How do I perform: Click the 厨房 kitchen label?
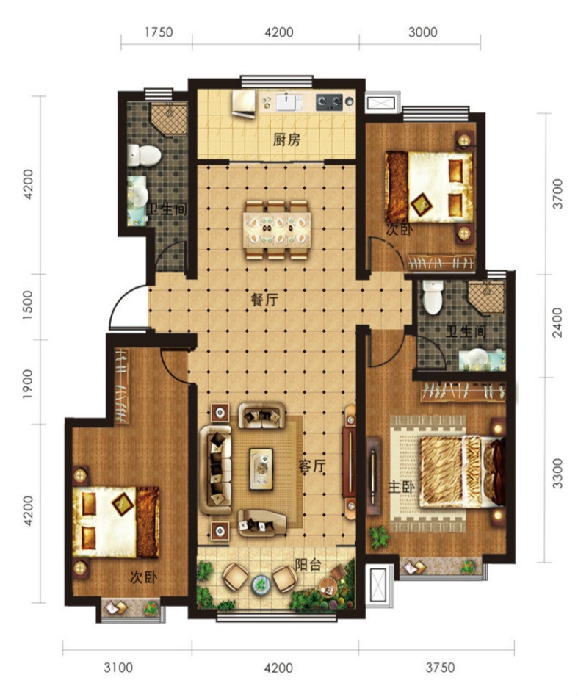[x=286, y=140]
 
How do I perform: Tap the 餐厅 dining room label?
[x=264, y=300]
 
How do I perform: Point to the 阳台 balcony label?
[x=308, y=565]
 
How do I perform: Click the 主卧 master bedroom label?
[x=402, y=487]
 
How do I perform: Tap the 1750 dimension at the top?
[x=159, y=32]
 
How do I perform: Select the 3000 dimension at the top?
[x=422, y=32]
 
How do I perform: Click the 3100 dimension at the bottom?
[x=118, y=668]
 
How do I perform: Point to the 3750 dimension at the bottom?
[x=440, y=668]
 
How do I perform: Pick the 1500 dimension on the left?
[x=28, y=306]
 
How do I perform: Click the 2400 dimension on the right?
[x=557, y=322]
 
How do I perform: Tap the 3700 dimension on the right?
[x=557, y=194]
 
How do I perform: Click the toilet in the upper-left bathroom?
[x=144, y=155]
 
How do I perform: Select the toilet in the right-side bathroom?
[x=432, y=297]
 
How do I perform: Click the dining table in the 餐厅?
[x=277, y=230]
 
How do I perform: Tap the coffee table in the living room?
[x=261, y=469]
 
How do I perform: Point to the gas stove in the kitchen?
[x=330, y=102]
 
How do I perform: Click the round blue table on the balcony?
[x=260, y=584]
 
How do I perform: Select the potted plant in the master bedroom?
[x=379, y=537]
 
